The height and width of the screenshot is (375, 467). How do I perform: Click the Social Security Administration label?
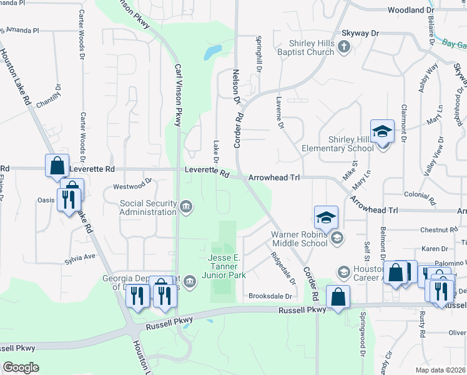coord(148,207)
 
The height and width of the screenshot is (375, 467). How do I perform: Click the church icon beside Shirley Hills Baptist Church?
coord(343,46)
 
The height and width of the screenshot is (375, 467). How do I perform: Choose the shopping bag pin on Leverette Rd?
coord(57,166)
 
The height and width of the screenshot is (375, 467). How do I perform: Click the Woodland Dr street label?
coord(410,11)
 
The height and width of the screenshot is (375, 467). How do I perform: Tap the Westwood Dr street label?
coord(132,186)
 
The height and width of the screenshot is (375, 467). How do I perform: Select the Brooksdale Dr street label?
coord(270,296)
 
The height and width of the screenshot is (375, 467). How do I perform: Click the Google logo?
coord(21,367)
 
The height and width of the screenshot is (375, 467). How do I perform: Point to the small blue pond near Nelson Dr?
coord(213,51)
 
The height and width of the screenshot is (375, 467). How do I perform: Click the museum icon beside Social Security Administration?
coord(186,207)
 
